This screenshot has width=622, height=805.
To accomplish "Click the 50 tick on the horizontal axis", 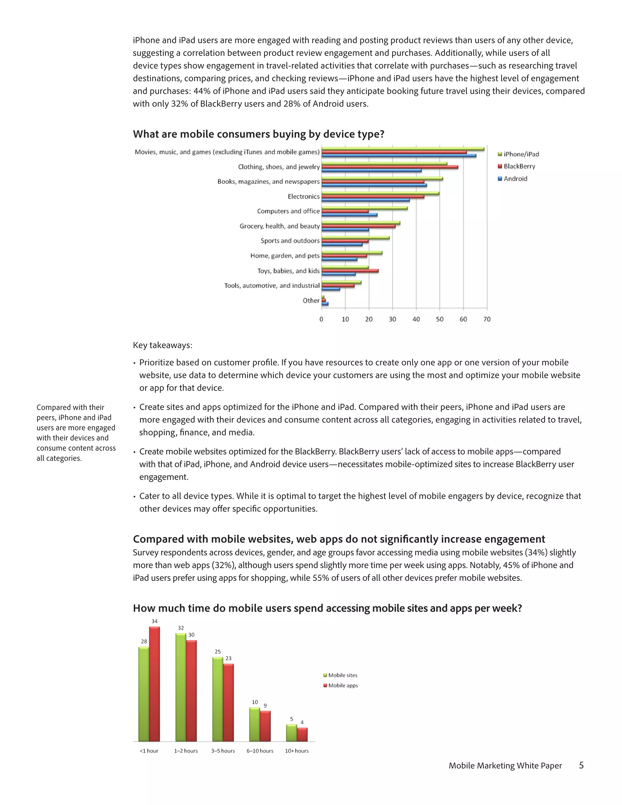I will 439,319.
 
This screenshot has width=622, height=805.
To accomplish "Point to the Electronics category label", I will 304,197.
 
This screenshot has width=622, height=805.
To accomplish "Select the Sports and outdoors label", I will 290,241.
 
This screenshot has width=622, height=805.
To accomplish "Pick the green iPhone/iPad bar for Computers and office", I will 364,208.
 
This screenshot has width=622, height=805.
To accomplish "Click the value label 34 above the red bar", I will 154,621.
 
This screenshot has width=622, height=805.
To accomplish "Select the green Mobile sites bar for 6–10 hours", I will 254,724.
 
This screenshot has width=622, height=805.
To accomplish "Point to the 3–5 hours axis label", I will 223,751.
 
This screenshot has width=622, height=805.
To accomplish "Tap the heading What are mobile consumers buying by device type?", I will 258,134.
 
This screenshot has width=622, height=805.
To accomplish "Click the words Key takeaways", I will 162,345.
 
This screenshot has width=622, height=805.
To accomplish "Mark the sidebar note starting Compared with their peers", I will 76,433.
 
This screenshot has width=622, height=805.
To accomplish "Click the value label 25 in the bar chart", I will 218,652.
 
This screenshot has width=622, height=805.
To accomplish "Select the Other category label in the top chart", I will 311,300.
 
